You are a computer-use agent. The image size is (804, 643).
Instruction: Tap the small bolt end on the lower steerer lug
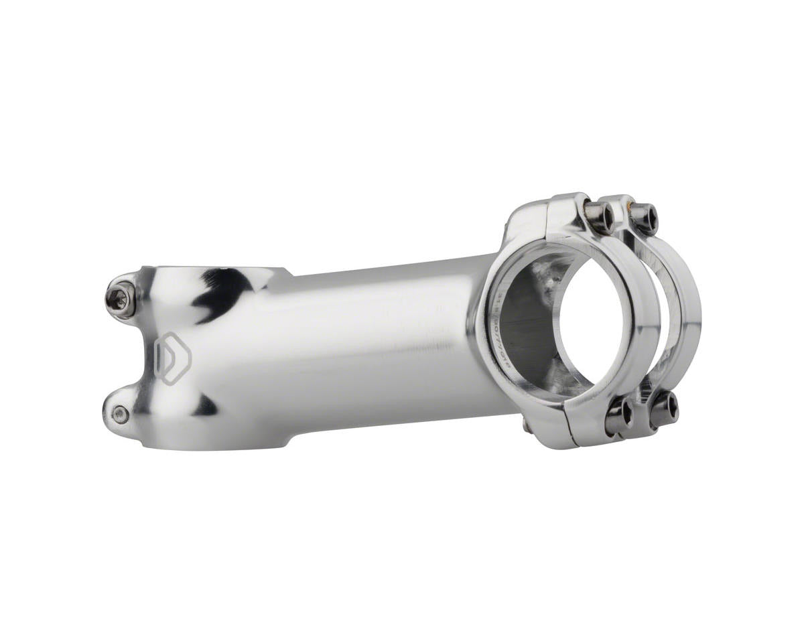(120, 415)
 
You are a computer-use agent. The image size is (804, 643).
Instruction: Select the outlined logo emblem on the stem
(172, 357)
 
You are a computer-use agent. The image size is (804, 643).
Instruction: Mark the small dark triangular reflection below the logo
(204, 405)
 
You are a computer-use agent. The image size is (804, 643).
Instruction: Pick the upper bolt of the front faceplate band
(598, 216)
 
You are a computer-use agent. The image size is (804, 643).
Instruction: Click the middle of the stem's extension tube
(375, 342)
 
